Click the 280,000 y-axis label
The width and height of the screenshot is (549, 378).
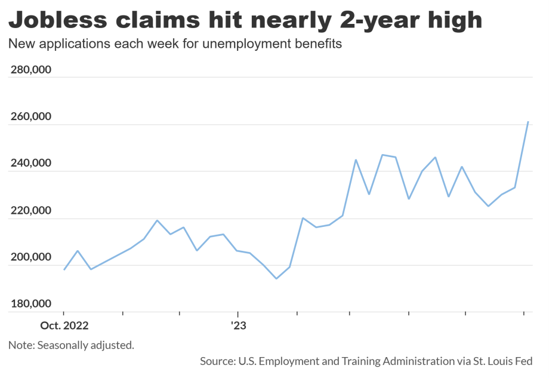point(31,70)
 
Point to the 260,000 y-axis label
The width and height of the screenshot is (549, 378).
point(31,117)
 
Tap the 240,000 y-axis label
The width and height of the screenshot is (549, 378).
point(31,164)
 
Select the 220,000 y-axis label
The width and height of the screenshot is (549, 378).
point(31,211)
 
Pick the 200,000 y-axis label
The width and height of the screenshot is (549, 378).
point(31,257)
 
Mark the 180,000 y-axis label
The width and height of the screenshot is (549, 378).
point(31,304)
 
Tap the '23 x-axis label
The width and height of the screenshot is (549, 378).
point(238,326)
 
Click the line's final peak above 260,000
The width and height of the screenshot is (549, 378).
point(528,122)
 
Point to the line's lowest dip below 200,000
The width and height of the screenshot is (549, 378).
point(276,278)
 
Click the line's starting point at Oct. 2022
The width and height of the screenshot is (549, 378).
point(64,269)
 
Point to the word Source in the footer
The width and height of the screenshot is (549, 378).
point(217,361)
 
